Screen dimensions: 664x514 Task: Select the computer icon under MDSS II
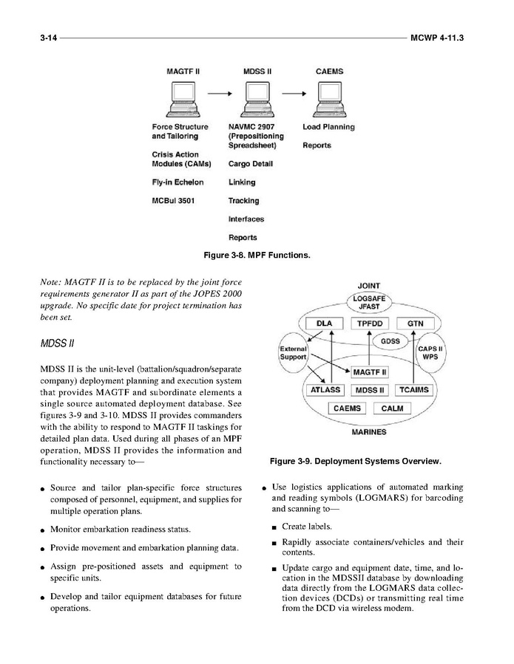click(x=256, y=100)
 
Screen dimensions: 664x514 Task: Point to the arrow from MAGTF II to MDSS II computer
click(x=218, y=95)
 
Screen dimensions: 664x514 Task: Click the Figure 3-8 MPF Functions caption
click(x=257, y=256)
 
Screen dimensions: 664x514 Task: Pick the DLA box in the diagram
click(x=324, y=324)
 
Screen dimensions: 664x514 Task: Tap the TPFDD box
click(x=369, y=324)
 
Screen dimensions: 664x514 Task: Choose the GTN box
click(x=415, y=324)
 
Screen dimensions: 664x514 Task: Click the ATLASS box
click(x=323, y=389)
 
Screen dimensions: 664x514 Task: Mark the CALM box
click(x=393, y=408)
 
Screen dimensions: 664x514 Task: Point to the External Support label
click(x=293, y=353)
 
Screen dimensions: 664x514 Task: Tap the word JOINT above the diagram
click(x=369, y=285)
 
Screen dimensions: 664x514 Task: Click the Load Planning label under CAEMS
click(x=328, y=127)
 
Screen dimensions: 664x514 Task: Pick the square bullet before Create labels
click(x=274, y=527)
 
